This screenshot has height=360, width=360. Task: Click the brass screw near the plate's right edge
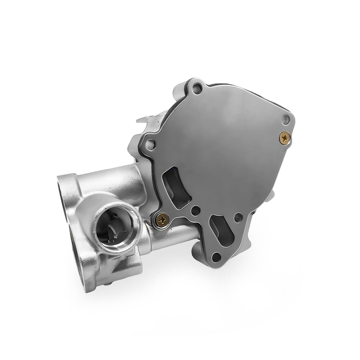pos(284,137)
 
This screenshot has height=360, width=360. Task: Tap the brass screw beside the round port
pos(163,219)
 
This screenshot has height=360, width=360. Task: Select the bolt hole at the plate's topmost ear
pos(194,93)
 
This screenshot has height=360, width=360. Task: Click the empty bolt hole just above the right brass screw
pos(286,120)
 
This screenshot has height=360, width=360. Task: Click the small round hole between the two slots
pos(196,210)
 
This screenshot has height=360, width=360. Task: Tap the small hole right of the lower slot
pos(238,218)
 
